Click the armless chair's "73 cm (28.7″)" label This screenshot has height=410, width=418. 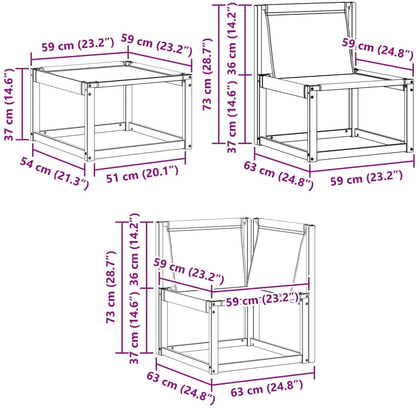(x=207, y=74)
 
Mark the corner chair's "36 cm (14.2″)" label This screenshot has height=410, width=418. (x=134, y=249)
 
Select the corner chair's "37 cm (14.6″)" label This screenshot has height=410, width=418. (x=134, y=327)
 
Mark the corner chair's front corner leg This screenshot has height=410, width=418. (x=214, y=337)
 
